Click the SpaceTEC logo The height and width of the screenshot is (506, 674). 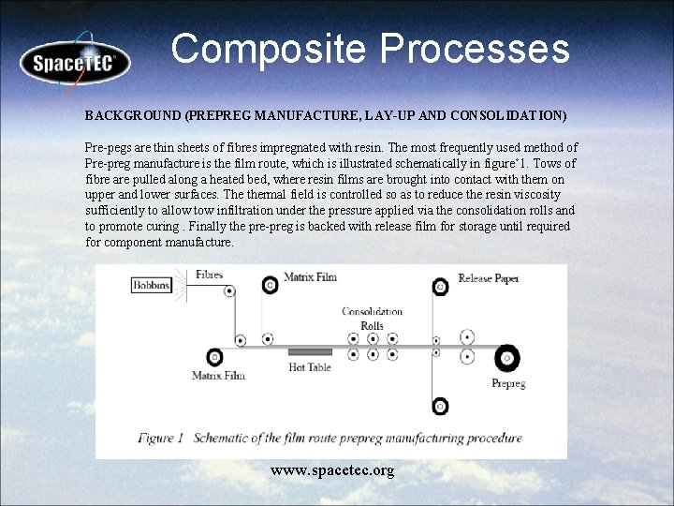(76, 63)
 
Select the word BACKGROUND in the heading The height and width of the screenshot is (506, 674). (133, 116)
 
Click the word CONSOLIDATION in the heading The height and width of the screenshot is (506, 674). (507, 116)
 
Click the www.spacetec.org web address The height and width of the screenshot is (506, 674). (332, 469)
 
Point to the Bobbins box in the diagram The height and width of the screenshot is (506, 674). (152, 284)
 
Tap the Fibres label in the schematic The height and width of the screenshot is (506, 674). (209, 275)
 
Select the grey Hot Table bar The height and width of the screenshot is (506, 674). (310, 351)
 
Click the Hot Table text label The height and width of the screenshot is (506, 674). (310, 367)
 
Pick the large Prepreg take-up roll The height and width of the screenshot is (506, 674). (507, 356)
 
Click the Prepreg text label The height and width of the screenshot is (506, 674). (507, 382)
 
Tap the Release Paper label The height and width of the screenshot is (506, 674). (489, 278)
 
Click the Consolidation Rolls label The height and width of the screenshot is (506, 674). (373, 318)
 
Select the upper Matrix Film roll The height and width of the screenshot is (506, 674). (270, 282)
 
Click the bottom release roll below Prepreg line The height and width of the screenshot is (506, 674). (440, 407)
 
